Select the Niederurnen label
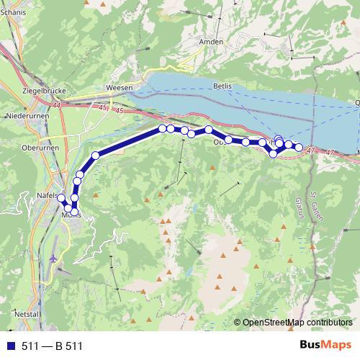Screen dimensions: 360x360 tap(25, 115)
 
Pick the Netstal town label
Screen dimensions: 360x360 tap(25, 315)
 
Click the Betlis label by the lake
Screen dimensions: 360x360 tap(222, 86)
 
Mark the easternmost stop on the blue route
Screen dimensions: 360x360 tap(299, 148)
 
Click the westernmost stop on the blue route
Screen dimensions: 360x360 tap(61, 199)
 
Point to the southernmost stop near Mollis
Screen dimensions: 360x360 tap(74, 211)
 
